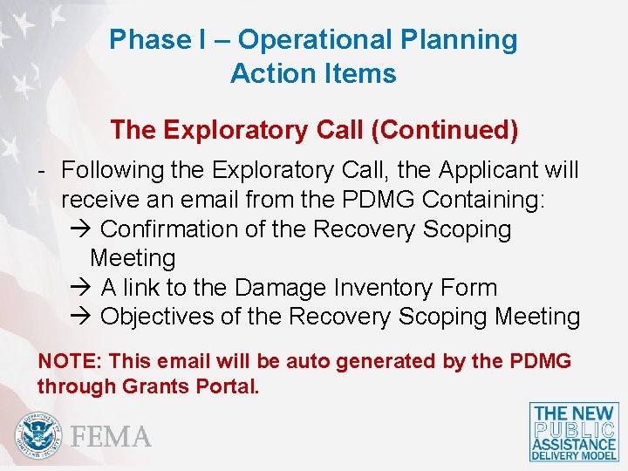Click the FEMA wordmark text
pyautogui.click(x=112, y=436)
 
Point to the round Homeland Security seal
pyautogui.click(x=39, y=433)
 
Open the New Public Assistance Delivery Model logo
pyautogui.click(x=574, y=432)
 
